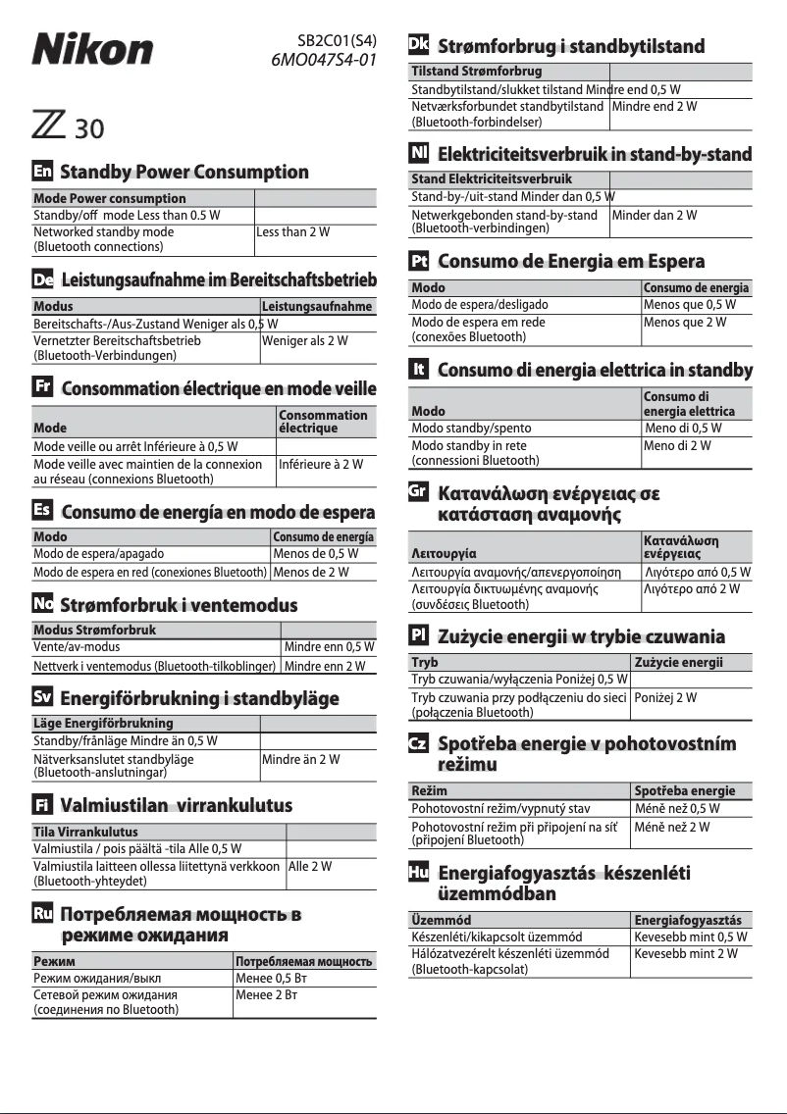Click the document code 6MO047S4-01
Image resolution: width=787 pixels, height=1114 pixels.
tap(324, 60)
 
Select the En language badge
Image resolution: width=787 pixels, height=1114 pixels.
tap(43, 172)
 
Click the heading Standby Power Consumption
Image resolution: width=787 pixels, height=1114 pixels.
tap(184, 173)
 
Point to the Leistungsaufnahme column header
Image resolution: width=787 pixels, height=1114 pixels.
tap(318, 307)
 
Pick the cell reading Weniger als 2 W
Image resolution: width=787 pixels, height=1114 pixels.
tap(305, 341)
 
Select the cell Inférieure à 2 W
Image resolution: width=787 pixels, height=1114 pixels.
tap(321, 464)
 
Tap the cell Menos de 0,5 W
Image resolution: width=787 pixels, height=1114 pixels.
tap(316, 554)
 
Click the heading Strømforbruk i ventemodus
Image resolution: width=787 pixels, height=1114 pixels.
tap(179, 605)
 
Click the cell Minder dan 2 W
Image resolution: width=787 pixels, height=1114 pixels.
tap(655, 215)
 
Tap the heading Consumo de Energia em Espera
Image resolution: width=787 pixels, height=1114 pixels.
tap(571, 262)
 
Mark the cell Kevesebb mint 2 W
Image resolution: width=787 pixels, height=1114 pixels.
tap(686, 953)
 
